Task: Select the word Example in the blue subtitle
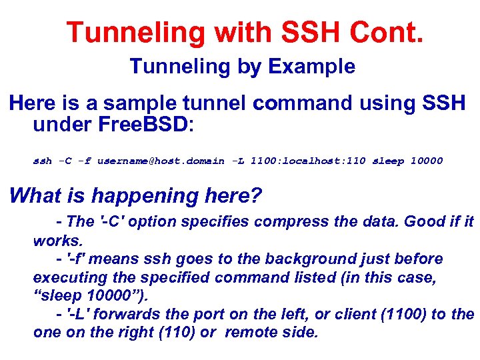[x=312, y=67]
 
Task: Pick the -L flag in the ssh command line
[x=238, y=161]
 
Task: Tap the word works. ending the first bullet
[x=57, y=240]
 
